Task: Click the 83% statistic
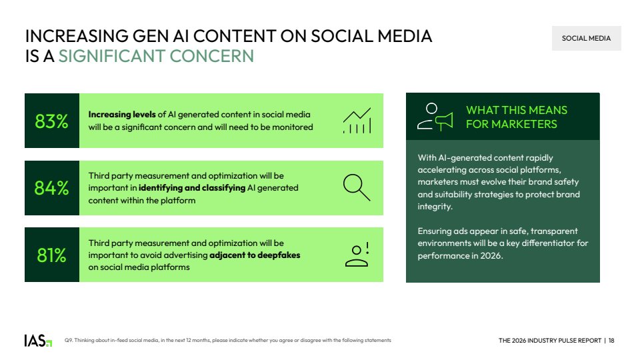tap(51, 121)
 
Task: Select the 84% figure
tap(51, 188)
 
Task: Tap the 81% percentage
tap(51, 255)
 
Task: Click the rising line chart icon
tap(357, 121)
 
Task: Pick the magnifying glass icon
tap(357, 188)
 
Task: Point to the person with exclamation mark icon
tap(357, 255)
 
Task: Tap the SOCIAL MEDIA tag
tap(587, 39)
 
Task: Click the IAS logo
tap(38, 341)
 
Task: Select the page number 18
tap(611, 341)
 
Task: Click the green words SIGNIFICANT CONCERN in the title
tap(156, 56)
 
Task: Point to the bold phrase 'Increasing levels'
tap(122, 115)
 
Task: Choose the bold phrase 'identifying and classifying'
tap(192, 188)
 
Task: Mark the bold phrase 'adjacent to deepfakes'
tap(255, 255)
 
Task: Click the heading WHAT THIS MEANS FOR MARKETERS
tap(517, 117)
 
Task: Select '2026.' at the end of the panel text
tap(492, 256)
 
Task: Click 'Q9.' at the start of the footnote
tap(68, 341)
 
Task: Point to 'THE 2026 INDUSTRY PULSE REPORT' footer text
tap(550, 341)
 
